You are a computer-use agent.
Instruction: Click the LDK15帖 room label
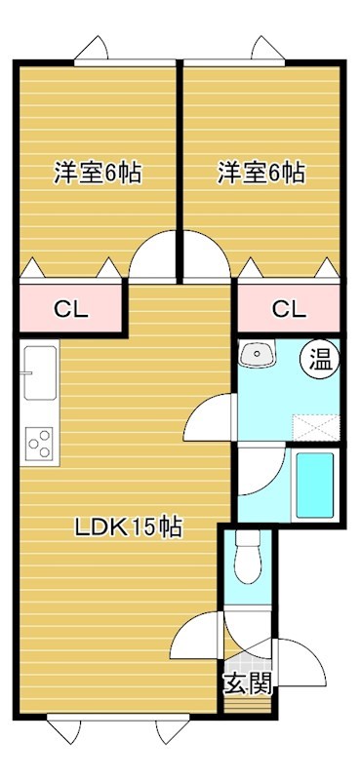pos(129,527)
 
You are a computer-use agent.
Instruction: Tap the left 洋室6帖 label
pos(98,174)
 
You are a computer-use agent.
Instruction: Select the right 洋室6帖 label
pos(261,174)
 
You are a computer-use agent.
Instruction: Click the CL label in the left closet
pos(71,309)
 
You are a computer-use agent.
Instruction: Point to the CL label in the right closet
pos(289,309)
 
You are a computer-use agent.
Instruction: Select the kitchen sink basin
pos(40,372)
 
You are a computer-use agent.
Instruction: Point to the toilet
pos(248,558)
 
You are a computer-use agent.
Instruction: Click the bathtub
pos(315,485)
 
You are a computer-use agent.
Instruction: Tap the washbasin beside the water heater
pos(257,354)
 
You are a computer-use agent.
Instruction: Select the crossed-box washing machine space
pos(317,427)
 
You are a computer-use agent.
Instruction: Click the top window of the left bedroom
pos(125,62)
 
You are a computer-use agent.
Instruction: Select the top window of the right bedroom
pos(234,62)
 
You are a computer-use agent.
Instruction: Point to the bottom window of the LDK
pos(118,717)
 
